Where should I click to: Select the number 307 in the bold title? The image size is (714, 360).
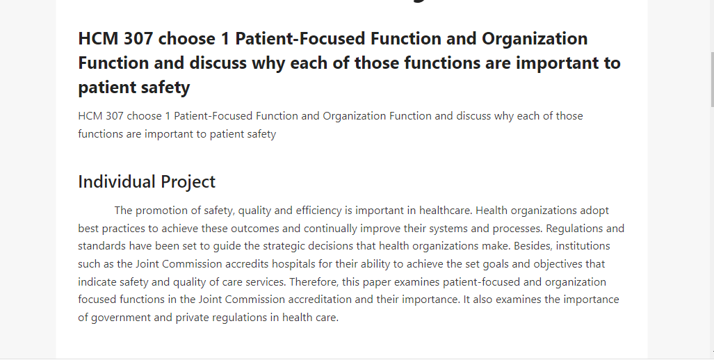(x=138, y=39)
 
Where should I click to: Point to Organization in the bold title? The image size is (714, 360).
(x=535, y=40)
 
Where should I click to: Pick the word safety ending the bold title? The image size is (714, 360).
(x=165, y=88)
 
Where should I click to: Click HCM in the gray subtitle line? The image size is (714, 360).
(x=90, y=116)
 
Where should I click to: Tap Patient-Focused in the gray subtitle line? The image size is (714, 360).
(x=213, y=116)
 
